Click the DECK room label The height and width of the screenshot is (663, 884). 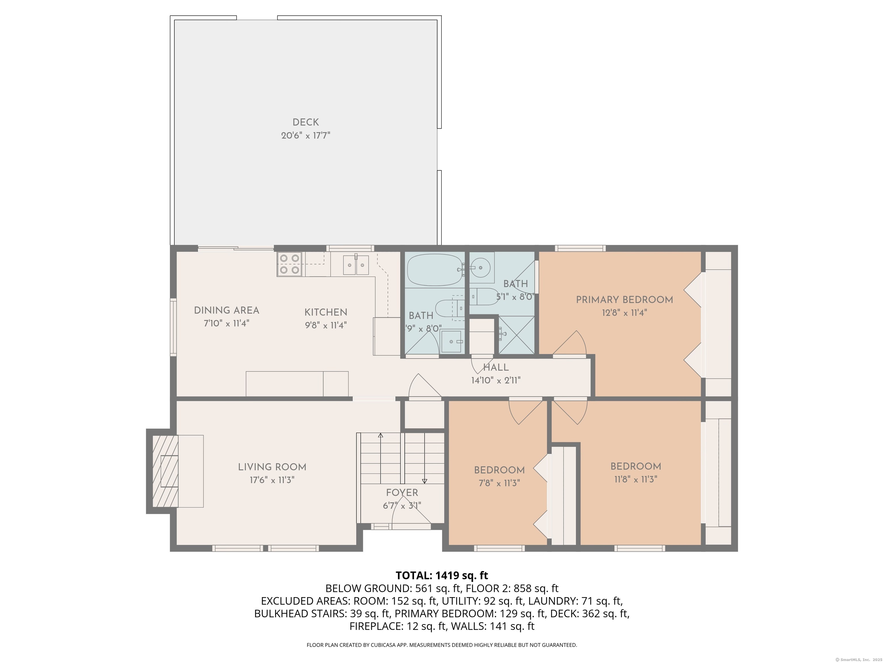[306, 122]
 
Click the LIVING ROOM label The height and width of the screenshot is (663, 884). [272, 467]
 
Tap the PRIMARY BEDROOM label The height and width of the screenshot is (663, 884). [624, 300]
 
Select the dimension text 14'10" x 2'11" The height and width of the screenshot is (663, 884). [496, 380]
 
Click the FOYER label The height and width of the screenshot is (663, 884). [402, 493]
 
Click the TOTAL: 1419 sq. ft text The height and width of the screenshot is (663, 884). [442, 576]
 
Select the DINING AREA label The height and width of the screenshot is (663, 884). [226, 310]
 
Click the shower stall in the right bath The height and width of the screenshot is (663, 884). [516, 335]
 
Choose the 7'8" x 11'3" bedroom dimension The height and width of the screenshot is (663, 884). [499, 483]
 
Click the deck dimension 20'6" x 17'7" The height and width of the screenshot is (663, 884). [306, 136]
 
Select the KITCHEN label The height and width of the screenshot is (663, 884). [326, 312]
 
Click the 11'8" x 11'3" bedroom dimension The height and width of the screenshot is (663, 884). [636, 479]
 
